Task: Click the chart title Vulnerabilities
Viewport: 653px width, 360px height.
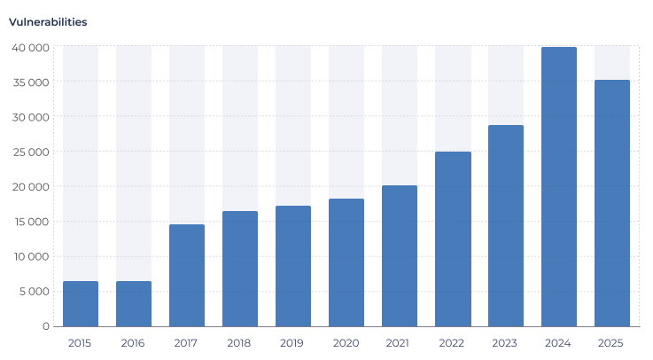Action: point(48,22)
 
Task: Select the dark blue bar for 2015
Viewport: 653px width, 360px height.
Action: point(81,303)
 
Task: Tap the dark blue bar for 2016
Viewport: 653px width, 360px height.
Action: point(134,303)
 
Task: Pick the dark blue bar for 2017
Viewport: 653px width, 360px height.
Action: point(187,275)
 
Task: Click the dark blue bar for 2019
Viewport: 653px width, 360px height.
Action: point(293,266)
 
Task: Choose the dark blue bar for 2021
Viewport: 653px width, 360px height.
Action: point(400,255)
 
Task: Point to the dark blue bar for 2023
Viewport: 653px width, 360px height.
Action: point(506,225)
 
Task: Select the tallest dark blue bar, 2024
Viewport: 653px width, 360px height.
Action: point(559,186)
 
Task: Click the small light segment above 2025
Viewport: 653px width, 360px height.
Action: point(612,62)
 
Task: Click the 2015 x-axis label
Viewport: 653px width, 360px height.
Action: point(80,343)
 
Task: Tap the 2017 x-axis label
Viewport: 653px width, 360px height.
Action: point(186,343)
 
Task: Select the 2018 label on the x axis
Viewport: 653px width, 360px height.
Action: point(239,343)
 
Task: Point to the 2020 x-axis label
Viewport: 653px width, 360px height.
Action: point(346,343)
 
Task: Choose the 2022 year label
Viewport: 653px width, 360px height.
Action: point(452,343)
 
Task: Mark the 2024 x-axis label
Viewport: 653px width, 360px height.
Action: point(558,343)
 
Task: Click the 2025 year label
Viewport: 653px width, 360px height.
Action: point(611,343)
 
